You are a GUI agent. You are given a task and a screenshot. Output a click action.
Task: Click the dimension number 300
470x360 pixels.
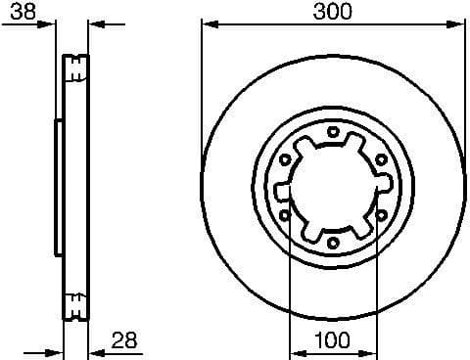pyautogui.click(x=333, y=11)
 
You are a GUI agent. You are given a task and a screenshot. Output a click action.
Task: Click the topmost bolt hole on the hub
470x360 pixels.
pyautogui.click(x=333, y=131)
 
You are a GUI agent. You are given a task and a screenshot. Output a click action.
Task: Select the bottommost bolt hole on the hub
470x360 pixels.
pyautogui.click(x=333, y=242)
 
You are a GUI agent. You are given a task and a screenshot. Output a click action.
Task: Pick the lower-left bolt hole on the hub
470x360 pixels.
pyautogui.click(x=285, y=214)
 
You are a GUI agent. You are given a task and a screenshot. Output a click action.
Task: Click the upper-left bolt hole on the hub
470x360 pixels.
pyautogui.click(x=285, y=158)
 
